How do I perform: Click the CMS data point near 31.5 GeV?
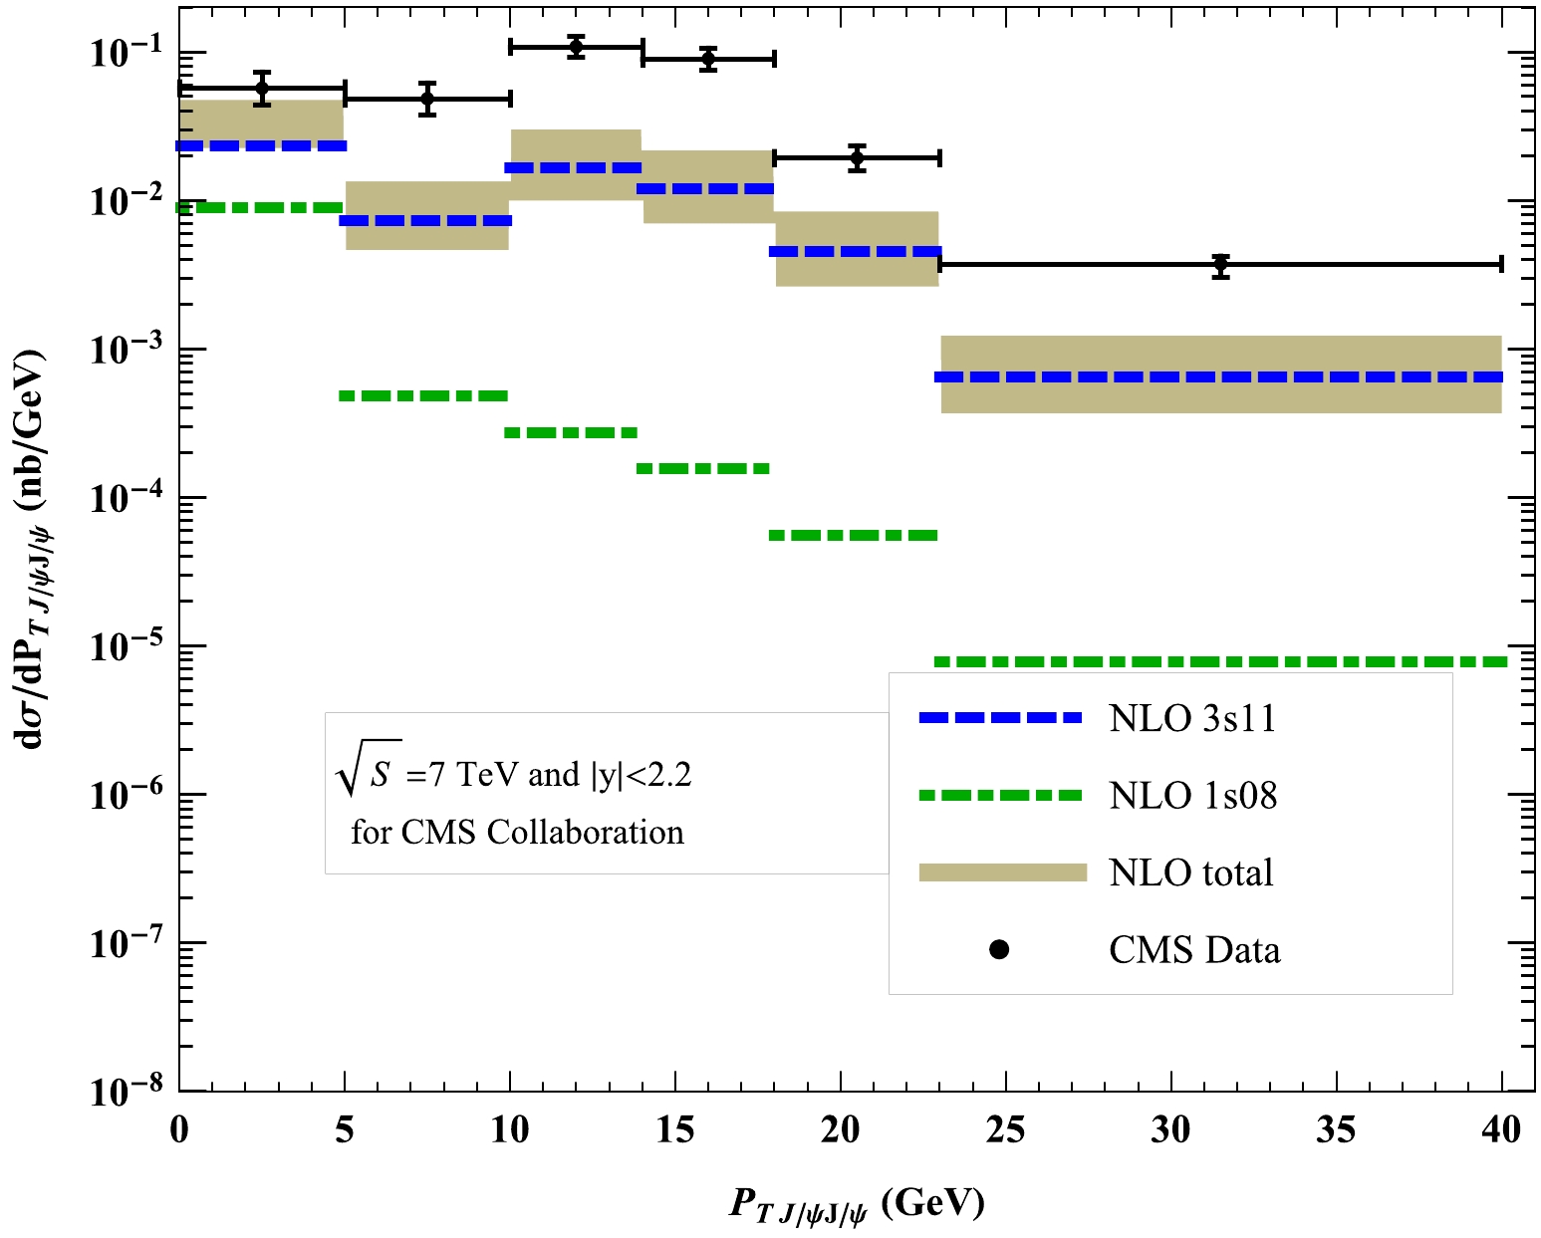tap(1221, 265)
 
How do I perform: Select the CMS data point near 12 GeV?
tap(576, 47)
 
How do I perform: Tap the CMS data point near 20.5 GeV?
tap(858, 157)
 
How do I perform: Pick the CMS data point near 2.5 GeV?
tap(262, 88)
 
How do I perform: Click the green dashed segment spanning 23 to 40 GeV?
tap(1221, 661)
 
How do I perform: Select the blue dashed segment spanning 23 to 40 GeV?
tap(1221, 377)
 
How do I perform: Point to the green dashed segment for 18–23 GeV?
tap(855, 536)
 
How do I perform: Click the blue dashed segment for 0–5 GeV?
tap(262, 146)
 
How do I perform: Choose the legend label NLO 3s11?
tap(1192, 718)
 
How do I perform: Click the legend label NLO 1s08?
tap(1192, 796)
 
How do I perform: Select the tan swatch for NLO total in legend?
tap(1002, 872)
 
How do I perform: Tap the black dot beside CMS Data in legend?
tap(999, 950)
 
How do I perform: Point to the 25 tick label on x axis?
tap(1005, 1130)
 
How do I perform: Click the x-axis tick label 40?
tap(1501, 1130)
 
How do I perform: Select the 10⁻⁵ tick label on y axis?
tap(128, 647)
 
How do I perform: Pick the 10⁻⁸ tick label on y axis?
tap(128, 1093)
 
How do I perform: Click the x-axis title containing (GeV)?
tap(857, 1205)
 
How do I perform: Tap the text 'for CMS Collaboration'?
tap(517, 833)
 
